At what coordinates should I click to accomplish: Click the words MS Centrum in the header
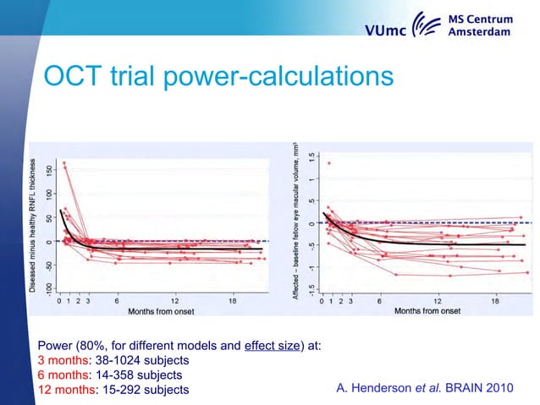[479, 19]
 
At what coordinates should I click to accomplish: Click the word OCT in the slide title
[73, 77]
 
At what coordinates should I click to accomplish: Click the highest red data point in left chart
[64, 164]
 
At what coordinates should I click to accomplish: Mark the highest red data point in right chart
[329, 163]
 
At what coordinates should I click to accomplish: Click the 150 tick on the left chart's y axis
[47, 171]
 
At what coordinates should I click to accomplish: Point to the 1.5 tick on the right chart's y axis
[313, 157]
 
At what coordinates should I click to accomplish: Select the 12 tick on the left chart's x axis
[174, 300]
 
